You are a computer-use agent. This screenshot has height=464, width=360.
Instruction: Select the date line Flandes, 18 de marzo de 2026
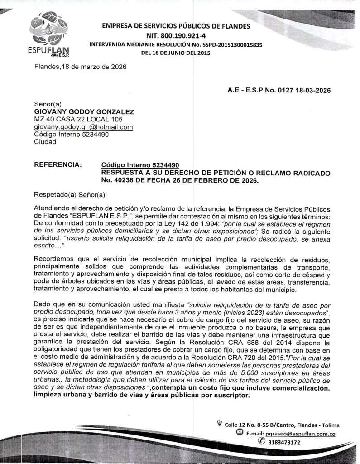tap(80, 67)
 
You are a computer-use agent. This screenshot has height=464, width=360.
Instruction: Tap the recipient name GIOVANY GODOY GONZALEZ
tap(84, 111)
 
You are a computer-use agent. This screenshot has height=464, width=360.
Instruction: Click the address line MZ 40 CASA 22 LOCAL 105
tap(78, 119)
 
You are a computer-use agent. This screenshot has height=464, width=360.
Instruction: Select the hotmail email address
tap(83, 127)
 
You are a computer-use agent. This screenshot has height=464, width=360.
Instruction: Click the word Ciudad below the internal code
tap(45, 141)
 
